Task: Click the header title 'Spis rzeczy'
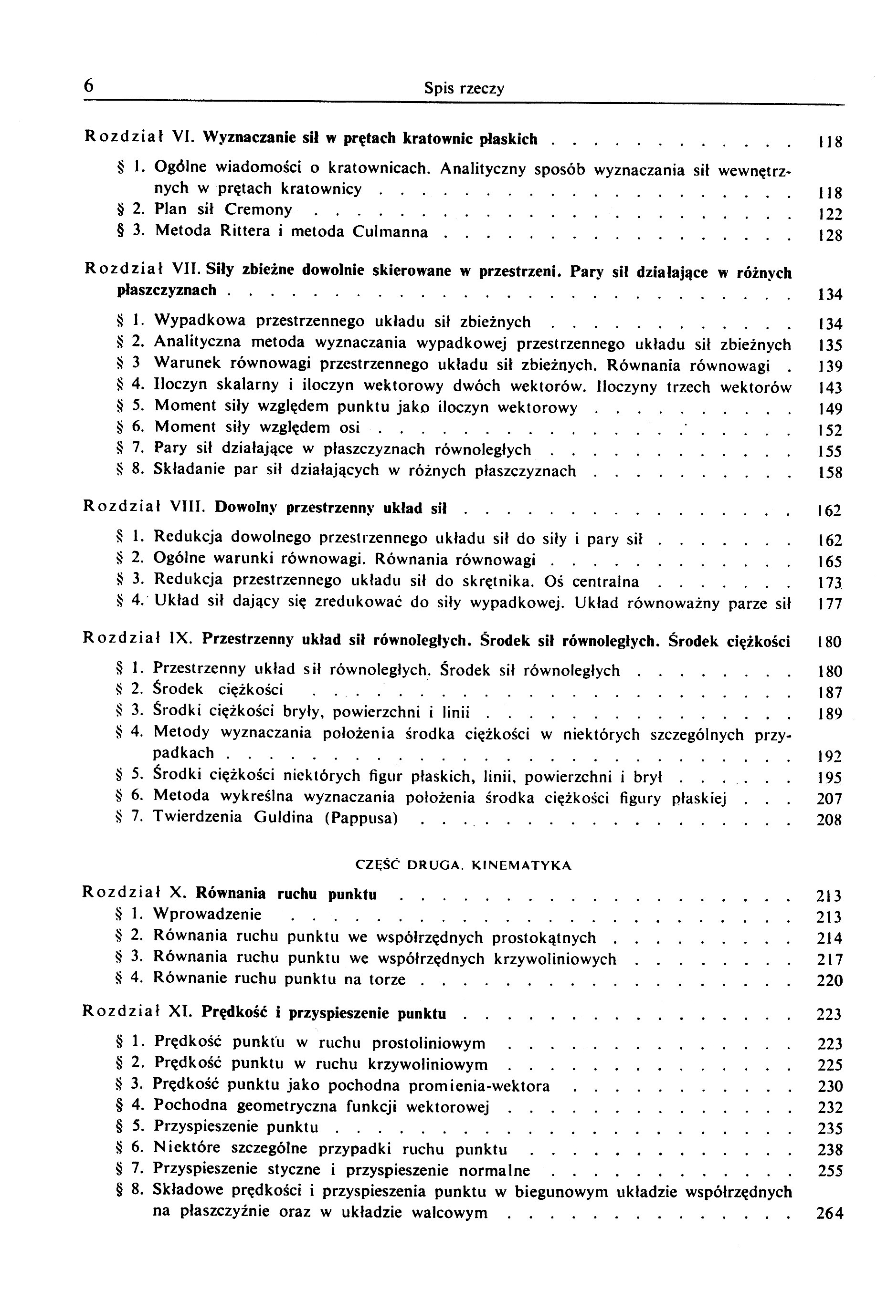464,88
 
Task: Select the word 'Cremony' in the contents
258,209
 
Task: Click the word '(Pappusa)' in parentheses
361,818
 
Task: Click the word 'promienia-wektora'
479,1086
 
